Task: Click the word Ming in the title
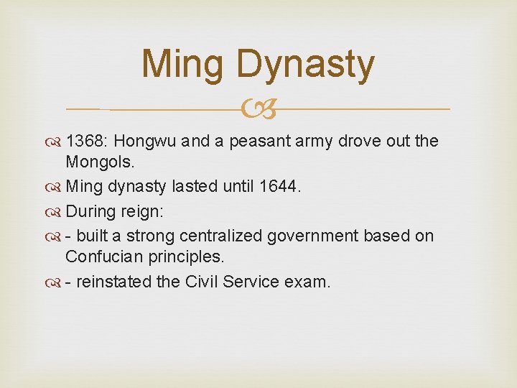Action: pyautogui.click(x=183, y=65)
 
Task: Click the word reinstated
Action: pyautogui.click(x=113, y=281)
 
